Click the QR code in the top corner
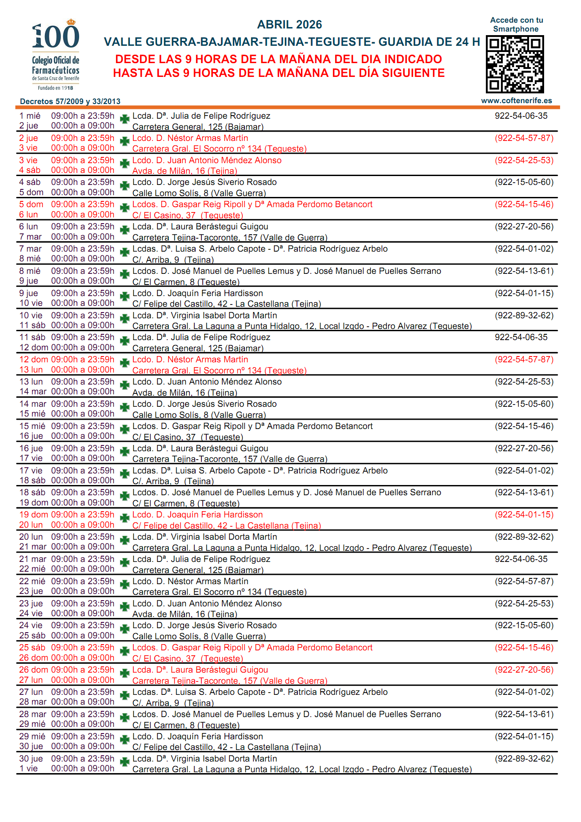coord(515,64)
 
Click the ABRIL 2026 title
coord(289,24)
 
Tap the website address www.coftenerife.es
coord(516,100)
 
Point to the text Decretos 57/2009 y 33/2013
coord(70,101)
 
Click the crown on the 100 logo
coord(71,21)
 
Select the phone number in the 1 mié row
coord(521,116)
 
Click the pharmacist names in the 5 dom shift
coord(252,204)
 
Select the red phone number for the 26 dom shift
coord(524,670)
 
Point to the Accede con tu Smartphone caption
coord(516,24)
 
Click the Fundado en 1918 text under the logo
coord(56,88)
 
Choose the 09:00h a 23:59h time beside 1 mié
coord(83,116)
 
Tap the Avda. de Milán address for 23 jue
coord(184,614)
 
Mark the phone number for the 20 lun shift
coord(524,537)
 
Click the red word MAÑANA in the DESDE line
coord(345,59)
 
